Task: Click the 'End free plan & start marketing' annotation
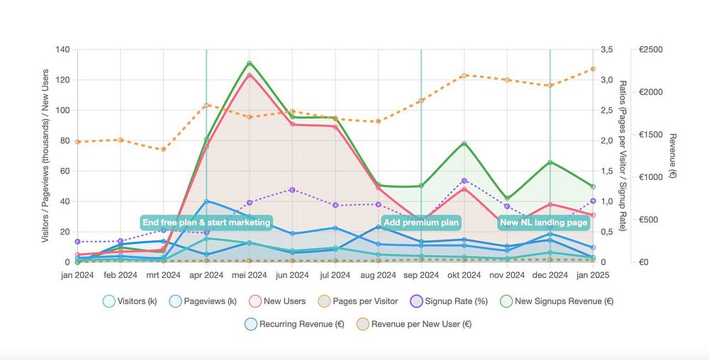click(x=206, y=223)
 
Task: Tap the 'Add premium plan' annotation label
click(x=421, y=223)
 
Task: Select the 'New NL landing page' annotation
click(x=544, y=223)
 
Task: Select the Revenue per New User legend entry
click(x=412, y=324)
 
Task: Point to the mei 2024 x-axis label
click(x=250, y=275)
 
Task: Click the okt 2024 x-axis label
click(x=464, y=275)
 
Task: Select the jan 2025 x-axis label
click(x=593, y=275)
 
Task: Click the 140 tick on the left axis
click(x=62, y=50)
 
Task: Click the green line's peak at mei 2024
click(x=250, y=63)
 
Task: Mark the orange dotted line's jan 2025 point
click(x=593, y=69)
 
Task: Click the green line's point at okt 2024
click(x=464, y=144)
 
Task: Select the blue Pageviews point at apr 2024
click(x=206, y=201)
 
